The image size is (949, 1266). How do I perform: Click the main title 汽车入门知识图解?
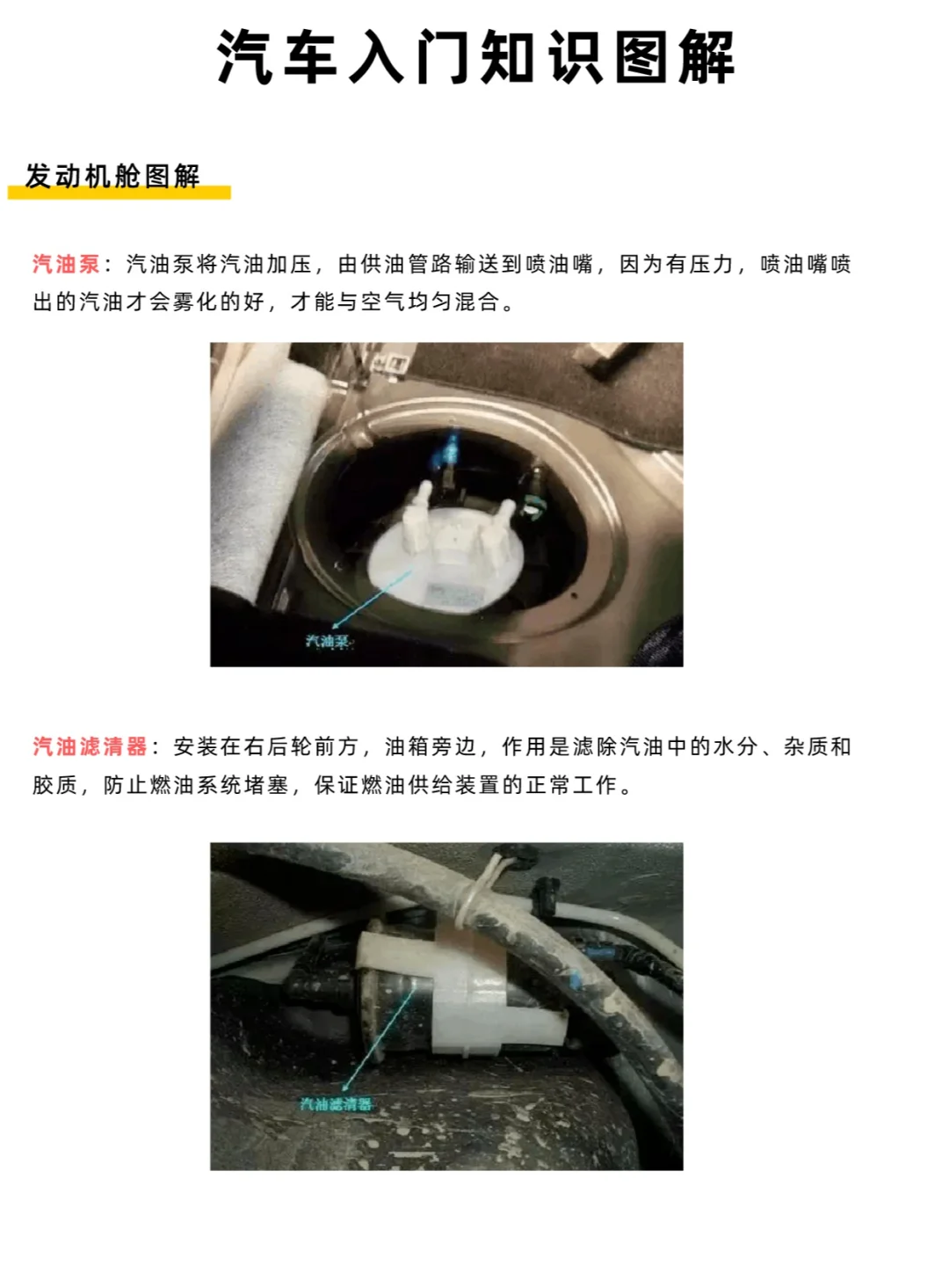pyautogui.click(x=474, y=58)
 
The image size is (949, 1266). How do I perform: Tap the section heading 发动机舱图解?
pyautogui.click(x=112, y=176)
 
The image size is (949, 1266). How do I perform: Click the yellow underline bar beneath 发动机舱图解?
pyautogui.click(x=120, y=193)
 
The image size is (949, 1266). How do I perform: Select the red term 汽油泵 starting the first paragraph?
pyautogui.click(x=67, y=265)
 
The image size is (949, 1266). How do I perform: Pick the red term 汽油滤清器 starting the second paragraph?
pyautogui.click(x=90, y=747)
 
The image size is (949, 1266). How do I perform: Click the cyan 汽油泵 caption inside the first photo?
pyautogui.click(x=327, y=642)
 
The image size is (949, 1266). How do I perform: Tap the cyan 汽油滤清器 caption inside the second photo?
pyautogui.click(x=336, y=1104)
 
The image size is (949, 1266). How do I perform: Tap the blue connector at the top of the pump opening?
pyautogui.click(x=449, y=453)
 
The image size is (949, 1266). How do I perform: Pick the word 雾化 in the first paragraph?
pyautogui.click(x=195, y=302)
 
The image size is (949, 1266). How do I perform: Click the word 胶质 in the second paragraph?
pyautogui.click(x=55, y=785)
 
